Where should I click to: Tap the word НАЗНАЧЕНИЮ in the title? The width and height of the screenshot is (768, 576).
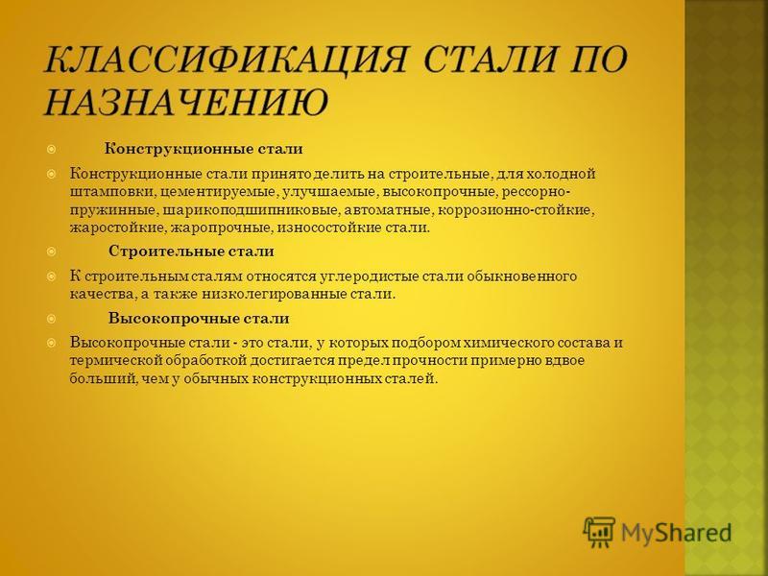tap(186, 102)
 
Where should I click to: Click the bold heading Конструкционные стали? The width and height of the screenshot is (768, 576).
tap(204, 149)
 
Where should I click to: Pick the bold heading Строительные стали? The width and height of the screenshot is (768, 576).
tap(191, 252)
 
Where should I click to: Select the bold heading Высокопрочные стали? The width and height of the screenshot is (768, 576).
tap(199, 319)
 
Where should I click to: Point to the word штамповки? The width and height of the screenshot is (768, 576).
tap(111, 192)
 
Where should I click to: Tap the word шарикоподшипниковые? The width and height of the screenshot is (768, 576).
tap(250, 210)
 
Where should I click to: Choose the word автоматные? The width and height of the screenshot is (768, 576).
tap(388, 209)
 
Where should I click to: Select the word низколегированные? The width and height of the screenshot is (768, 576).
tap(273, 295)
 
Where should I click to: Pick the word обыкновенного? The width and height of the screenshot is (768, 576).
tap(521, 276)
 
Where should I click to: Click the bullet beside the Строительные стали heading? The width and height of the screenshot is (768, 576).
tap(52, 252)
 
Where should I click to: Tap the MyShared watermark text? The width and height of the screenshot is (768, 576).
tap(677, 533)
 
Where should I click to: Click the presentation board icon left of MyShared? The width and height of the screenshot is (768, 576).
tap(599, 532)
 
